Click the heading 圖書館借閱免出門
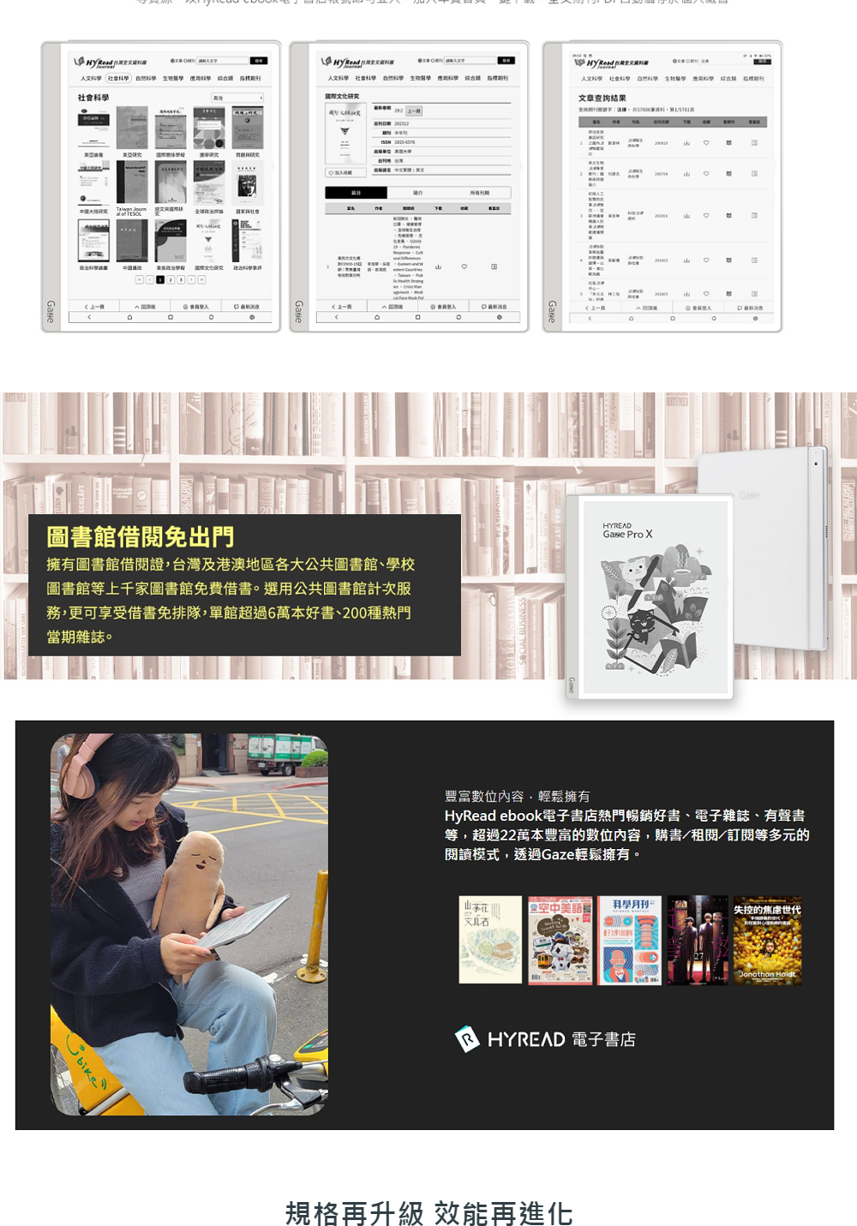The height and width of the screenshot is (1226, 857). (x=141, y=538)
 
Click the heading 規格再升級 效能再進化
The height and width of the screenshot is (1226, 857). (x=428, y=1212)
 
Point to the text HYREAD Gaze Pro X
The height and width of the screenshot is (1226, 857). (x=627, y=530)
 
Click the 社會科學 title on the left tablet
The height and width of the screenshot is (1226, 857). (x=94, y=98)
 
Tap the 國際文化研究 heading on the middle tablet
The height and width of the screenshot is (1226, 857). (x=342, y=96)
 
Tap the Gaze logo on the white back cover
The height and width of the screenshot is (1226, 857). (x=749, y=496)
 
